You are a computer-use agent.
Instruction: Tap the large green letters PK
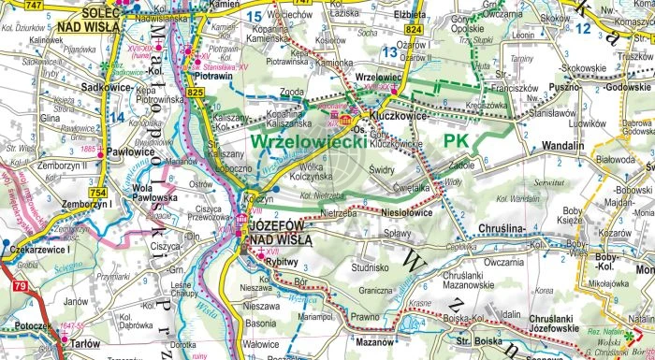point(456,140)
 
